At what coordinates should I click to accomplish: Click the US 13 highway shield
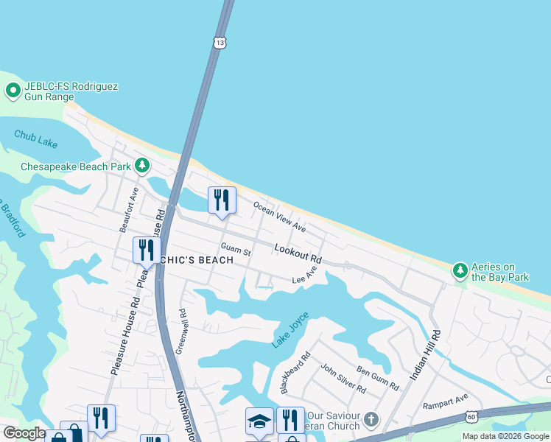tap(220, 43)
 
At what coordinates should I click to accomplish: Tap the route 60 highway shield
tap(471, 417)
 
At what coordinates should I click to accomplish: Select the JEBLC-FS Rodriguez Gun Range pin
tap(13, 91)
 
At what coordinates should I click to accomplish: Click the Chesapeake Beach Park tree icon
tap(141, 166)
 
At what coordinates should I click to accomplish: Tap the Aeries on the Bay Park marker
tap(460, 271)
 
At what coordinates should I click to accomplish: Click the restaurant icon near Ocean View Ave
tap(222, 200)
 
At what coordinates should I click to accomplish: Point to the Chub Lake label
tap(35, 136)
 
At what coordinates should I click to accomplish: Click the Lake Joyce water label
tap(290, 330)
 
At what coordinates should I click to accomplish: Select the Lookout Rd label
tap(298, 254)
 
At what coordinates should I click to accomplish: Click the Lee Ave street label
tap(304, 275)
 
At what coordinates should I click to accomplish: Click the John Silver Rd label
tap(343, 378)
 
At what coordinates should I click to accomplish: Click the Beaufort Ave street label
tap(130, 210)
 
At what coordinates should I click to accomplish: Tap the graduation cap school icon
tap(259, 421)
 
